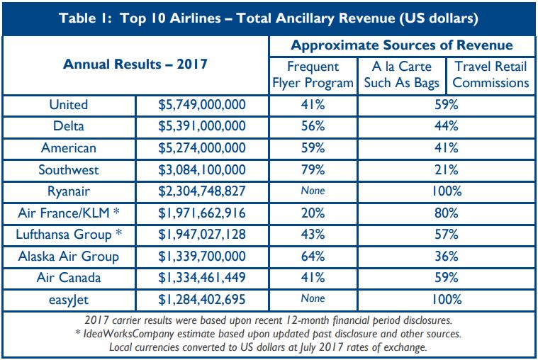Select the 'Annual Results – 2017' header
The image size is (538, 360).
point(135,64)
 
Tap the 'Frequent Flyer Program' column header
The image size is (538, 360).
point(313,74)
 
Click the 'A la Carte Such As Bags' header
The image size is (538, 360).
point(400,74)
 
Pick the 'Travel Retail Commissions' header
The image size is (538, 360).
point(491,74)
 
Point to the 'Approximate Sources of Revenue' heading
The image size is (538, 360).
point(401,45)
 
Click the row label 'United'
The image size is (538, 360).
point(69,105)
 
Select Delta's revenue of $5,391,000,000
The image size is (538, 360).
point(201,126)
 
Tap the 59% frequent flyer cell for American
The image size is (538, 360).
point(313,148)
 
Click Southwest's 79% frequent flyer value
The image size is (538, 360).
point(313,170)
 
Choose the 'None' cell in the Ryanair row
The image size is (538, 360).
point(313,191)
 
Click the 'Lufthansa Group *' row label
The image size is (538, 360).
point(69,235)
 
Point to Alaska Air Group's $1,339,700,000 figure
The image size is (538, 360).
point(201,257)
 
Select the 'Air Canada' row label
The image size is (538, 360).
point(69,278)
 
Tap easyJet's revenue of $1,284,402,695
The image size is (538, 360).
point(201,300)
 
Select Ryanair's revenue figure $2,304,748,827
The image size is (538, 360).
point(201,191)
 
